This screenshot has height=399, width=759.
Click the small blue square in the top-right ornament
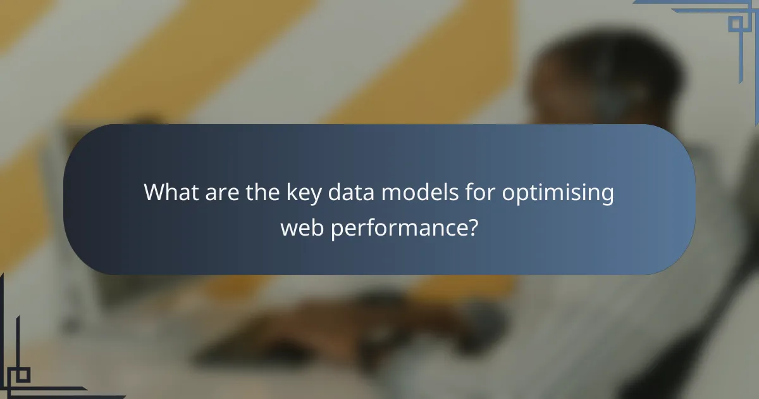point(736,23)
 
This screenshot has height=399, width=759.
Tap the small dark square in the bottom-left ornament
point(22,374)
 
